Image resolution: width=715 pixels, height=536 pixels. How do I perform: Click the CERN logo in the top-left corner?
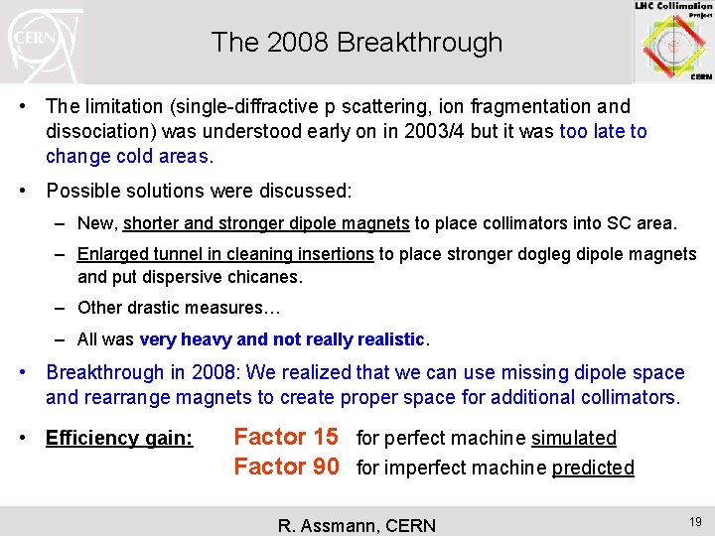coord(42,42)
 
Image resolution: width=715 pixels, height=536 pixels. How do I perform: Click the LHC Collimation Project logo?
coord(673,42)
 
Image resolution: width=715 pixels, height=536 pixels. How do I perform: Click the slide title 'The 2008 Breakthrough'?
coord(357,43)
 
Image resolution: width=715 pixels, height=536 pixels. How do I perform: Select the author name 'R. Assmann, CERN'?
coord(357,525)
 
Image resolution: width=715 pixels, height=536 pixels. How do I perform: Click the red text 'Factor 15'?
coord(285,437)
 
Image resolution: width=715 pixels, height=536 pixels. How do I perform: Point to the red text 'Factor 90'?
coord(285,467)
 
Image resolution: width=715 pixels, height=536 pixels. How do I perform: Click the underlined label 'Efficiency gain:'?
coord(119,439)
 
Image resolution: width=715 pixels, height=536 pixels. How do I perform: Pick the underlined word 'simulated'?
coord(574,439)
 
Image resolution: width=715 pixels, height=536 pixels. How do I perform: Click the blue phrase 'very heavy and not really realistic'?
coord(282,339)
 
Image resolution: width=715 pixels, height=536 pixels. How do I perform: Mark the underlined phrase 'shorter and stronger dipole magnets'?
coord(266,223)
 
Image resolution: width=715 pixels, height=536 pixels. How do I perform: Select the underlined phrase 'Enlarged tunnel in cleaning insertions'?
coord(225,255)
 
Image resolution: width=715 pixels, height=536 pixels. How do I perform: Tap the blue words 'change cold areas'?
coord(127,156)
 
